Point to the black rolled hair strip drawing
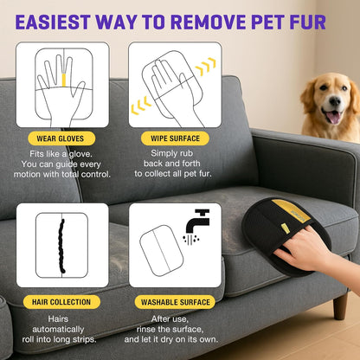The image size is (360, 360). point(61,245)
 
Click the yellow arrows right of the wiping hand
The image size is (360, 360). point(207,67)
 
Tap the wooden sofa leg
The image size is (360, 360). point(340,304)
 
